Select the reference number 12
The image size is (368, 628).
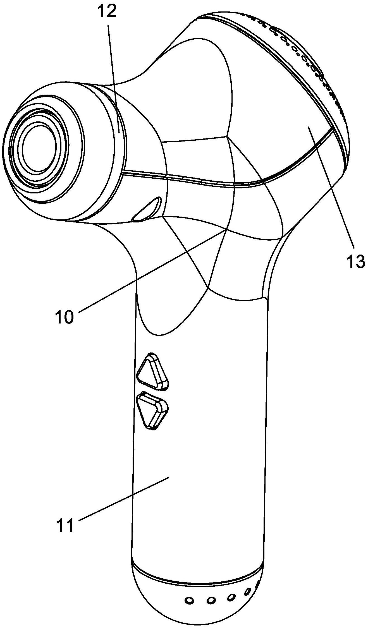tap(107, 11)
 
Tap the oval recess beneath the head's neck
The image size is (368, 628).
tap(147, 209)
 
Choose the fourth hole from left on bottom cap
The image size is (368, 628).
tap(248, 591)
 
